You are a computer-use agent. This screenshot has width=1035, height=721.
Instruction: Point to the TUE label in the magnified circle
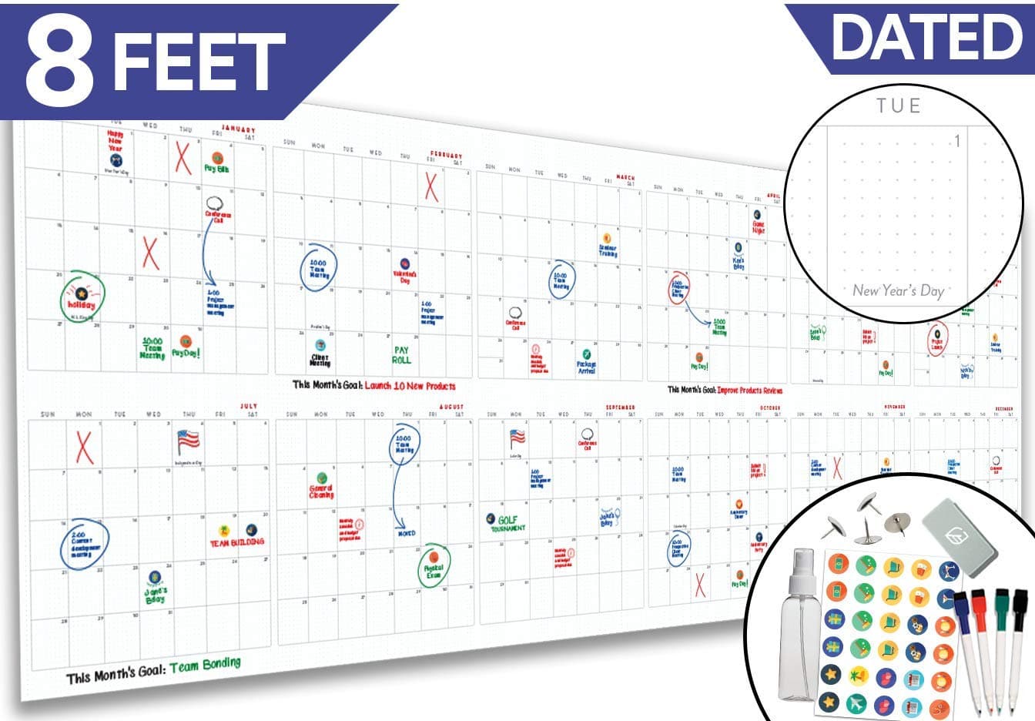[x=898, y=106]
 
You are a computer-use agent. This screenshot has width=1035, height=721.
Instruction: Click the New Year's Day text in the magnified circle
[x=898, y=290]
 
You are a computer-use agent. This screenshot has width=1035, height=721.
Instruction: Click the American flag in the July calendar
[x=187, y=441]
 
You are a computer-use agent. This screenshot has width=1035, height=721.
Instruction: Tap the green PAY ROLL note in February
[x=401, y=354]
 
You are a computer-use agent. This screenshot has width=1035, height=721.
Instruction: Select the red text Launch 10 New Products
[x=410, y=385]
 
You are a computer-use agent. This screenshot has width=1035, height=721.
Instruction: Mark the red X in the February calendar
[x=431, y=186]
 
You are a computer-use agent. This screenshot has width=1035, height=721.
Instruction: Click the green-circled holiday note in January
[x=82, y=297]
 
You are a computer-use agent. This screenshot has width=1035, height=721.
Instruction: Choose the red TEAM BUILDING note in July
[x=236, y=542]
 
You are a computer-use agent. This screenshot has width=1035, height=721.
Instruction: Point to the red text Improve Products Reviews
[x=749, y=391]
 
